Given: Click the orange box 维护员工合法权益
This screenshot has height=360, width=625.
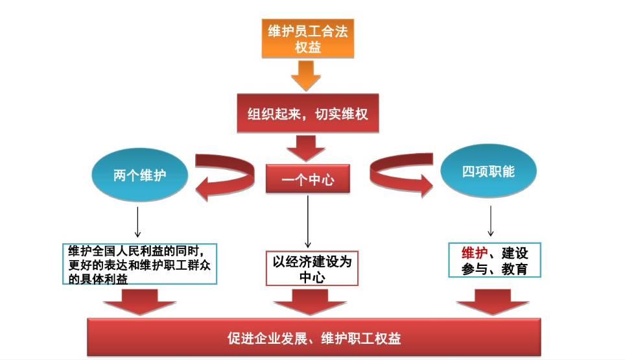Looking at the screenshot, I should (307, 39).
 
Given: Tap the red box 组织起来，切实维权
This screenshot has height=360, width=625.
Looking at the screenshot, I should (307, 114).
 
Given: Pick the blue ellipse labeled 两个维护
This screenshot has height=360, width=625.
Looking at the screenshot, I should (139, 174).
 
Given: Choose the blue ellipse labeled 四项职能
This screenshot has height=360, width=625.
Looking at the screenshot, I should (488, 172).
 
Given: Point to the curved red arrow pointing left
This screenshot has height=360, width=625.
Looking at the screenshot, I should (224, 176).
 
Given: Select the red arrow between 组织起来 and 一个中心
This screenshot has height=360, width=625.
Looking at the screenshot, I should (306, 148).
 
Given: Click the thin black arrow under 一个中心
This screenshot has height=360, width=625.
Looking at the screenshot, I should (308, 221).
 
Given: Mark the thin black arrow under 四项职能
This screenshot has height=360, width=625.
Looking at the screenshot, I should (491, 221).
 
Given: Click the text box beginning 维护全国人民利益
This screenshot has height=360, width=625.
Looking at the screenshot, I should (141, 263).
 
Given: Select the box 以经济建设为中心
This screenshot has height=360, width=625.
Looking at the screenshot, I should (312, 268).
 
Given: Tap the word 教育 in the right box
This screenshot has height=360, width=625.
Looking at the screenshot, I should (514, 269).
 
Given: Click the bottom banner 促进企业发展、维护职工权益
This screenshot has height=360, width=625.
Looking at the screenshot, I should (314, 338).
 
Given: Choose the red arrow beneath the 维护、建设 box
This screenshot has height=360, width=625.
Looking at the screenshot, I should (492, 300).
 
